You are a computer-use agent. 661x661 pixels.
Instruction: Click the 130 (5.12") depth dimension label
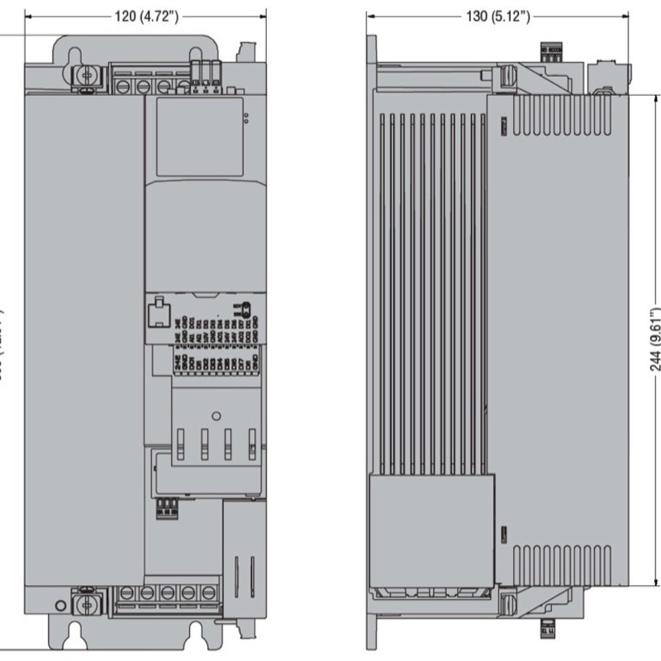pyautogui.click(x=483, y=17)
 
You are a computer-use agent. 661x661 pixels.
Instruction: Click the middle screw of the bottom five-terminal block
pyautogui.click(x=167, y=592)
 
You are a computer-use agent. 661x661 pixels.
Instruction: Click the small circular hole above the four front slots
pyautogui.click(x=213, y=415)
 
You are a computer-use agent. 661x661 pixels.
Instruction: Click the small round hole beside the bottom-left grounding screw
pyautogui.click(x=60, y=606)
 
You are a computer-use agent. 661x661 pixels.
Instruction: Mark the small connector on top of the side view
pyautogui.click(x=549, y=51)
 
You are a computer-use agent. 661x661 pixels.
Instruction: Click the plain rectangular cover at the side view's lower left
pyautogui.click(x=430, y=528)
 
